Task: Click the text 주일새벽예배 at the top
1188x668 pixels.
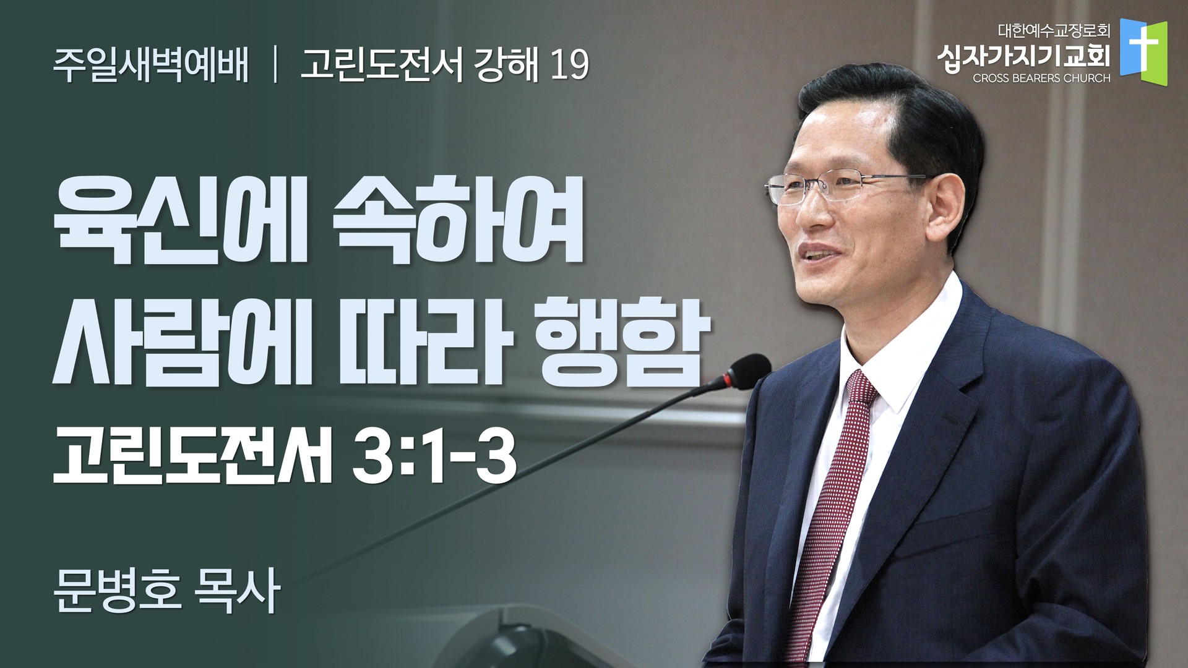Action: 152,65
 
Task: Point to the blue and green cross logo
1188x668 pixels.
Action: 1143,54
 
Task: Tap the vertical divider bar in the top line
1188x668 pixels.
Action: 273,66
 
